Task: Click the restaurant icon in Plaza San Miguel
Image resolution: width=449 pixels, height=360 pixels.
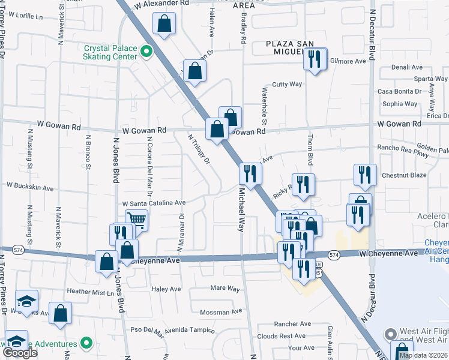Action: click(x=315, y=59)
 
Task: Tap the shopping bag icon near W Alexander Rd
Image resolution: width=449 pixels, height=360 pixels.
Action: click(x=165, y=25)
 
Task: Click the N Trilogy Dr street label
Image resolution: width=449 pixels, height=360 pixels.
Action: click(x=199, y=148)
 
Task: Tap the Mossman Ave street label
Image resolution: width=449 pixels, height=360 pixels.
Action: click(x=221, y=312)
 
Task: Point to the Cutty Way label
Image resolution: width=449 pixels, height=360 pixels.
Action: click(x=287, y=85)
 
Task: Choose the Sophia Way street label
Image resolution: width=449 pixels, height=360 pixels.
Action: click(x=400, y=104)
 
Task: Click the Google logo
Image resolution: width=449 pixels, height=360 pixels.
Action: click(x=20, y=353)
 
